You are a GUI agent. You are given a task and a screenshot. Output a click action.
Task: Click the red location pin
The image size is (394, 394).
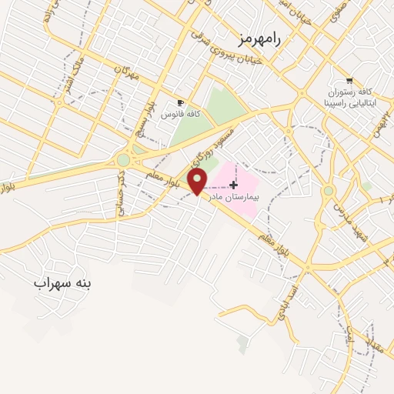click(199, 182)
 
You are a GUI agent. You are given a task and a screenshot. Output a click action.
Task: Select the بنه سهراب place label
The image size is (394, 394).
click(62, 283)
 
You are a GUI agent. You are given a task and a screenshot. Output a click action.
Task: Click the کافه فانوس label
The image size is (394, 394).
click(180, 114)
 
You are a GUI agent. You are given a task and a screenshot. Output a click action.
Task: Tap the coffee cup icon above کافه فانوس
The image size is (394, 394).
click(180, 102)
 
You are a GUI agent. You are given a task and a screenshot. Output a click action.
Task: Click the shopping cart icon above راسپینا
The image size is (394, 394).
click(349, 80)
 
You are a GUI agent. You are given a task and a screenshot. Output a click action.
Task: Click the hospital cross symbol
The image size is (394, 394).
click(233, 185)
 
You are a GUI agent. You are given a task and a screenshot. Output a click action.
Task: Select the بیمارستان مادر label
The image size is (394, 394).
click(234, 197)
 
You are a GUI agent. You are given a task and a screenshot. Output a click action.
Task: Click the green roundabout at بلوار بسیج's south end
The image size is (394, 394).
click(123, 160)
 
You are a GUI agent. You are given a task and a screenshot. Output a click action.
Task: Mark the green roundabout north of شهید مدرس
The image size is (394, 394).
click(329, 190)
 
